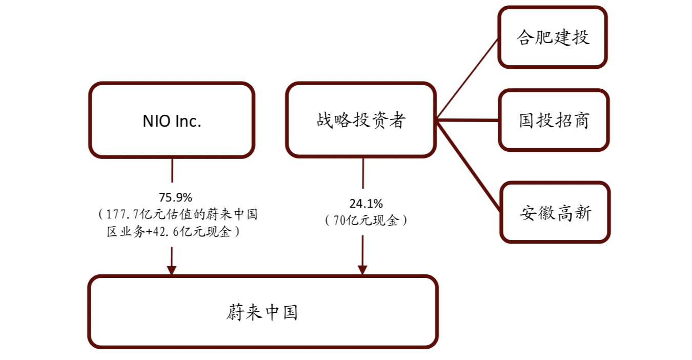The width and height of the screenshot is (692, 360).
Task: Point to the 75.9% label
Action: pyautogui.click(x=175, y=197)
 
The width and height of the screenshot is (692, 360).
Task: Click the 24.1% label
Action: pyautogui.click(x=366, y=204)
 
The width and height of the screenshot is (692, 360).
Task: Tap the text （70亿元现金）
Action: pyautogui.click(x=366, y=221)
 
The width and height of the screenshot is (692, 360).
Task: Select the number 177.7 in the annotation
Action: pyautogui.click(x=123, y=214)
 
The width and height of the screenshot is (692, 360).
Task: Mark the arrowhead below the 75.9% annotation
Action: pyautogui.click(x=171, y=270)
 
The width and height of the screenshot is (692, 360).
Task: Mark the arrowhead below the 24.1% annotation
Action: pyautogui.click(x=362, y=270)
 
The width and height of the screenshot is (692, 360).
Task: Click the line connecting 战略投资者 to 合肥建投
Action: pyautogui.click(x=467, y=79)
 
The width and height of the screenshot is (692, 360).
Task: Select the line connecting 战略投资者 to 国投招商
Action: pyautogui.click(x=467, y=120)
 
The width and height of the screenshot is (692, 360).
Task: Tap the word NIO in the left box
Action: pyautogui.click(x=156, y=121)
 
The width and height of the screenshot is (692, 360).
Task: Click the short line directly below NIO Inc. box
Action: pyautogui.click(x=172, y=170)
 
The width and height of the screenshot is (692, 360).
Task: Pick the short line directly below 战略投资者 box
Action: pyautogui.click(x=363, y=173)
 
